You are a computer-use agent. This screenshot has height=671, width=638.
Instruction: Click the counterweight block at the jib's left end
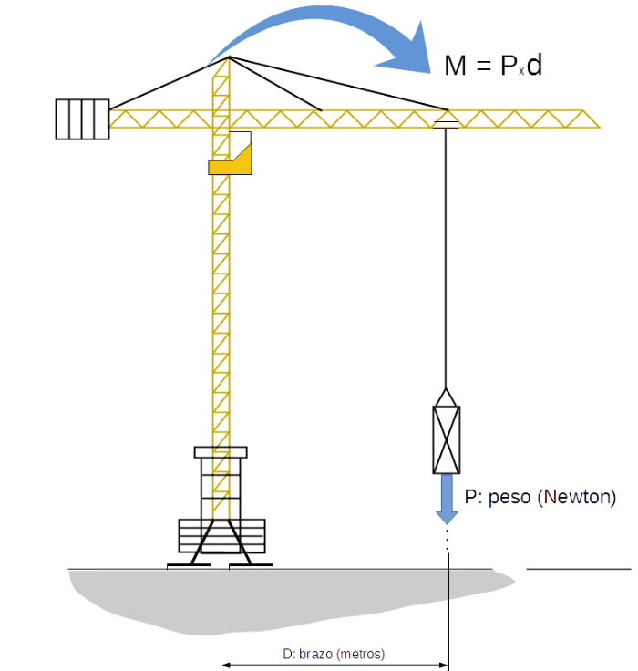pos(82,119)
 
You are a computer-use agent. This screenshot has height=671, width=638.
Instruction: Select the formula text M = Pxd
pos(493,67)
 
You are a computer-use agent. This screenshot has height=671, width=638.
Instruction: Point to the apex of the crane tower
pos(228,58)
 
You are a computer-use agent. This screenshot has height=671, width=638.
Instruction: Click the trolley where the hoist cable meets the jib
pos(446,120)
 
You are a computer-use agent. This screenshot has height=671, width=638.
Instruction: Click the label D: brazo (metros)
pos(334,654)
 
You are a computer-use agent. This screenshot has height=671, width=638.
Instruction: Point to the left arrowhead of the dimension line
pos(226,666)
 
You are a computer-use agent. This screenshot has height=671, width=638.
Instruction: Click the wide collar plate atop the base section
pos(221,451)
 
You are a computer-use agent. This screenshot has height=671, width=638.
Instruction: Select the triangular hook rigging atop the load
pos(446,398)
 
